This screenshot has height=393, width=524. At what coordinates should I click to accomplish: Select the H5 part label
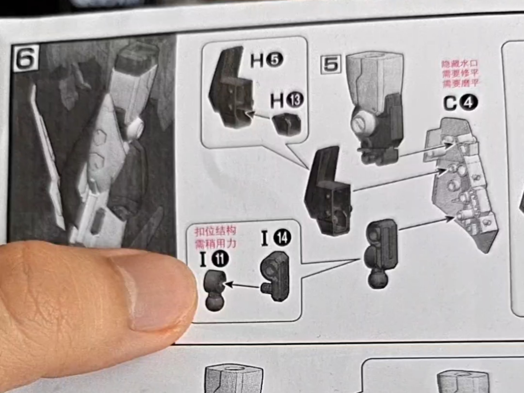pos(267,60)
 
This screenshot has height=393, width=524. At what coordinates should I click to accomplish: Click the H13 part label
pos(287,100)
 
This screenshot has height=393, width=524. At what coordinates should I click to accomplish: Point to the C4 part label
pos(461,103)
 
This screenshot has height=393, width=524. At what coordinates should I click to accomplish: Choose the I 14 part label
pos(276,238)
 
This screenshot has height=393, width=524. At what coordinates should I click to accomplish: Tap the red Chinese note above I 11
pos(215,237)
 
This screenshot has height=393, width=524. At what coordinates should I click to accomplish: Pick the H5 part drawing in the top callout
pos(231,87)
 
